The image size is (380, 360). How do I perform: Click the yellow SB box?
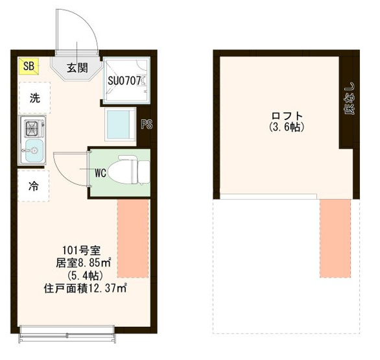pyautogui.click(x=29, y=66)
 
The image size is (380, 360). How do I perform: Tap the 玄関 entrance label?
pyautogui.click(x=77, y=67)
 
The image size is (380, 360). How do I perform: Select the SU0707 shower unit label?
pyautogui.click(x=125, y=81)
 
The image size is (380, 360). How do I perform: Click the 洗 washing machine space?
pyautogui.click(x=34, y=98)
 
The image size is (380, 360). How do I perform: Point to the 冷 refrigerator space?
pyautogui.click(x=34, y=186)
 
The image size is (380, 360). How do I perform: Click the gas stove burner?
pyautogui.click(x=32, y=126)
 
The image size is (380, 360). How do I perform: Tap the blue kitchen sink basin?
pyautogui.click(x=34, y=150)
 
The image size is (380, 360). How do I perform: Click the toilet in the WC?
pyautogui.click(x=128, y=171)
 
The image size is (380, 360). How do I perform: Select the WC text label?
pyautogui.click(x=101, y=173)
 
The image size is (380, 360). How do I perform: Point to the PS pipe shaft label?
pyautogui.click(x=147, y=125)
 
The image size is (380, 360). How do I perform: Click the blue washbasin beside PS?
pyautogui.click(x=121, y=124)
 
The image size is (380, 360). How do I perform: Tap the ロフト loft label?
pyautogui.click(x=287, y=115)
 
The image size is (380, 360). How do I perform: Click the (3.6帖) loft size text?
pyautogui.click(x=287, y=127)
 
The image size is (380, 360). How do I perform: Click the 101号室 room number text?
pyautogui.click(x=82, y=250)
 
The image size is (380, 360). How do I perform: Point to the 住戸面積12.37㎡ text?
pyautogui.click(x=85, y=289)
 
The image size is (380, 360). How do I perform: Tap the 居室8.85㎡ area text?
pyautogui.click(x=84, y=263)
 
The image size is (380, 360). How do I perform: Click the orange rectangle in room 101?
pyautogui.click(x=133, y=238)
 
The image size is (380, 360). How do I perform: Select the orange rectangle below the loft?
pyautogui.click(x=335, y=238)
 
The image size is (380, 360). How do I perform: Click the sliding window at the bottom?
pyautogui.click(x=67, y=334)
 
